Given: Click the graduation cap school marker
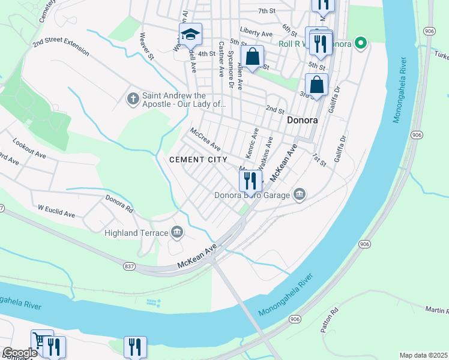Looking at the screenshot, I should [x=190, y=35].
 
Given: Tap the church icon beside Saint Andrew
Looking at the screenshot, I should [x=133, y=97].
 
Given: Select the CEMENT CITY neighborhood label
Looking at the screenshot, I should [x=198, y=160].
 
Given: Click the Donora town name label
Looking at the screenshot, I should [x=301, y=119].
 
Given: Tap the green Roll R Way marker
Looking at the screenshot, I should [x=360, y=43].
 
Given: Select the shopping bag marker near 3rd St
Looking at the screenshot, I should [x=316, y=85].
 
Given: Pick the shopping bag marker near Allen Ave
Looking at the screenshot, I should [x=253, y=58].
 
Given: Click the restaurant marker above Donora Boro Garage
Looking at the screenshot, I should [x=250, y=180].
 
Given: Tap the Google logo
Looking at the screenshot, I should [x=20, y=353].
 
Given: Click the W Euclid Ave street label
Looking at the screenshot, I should [x=56, y=211].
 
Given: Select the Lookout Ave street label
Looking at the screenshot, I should [x=30, y=151].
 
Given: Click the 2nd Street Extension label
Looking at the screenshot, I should [x=61, y=45].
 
